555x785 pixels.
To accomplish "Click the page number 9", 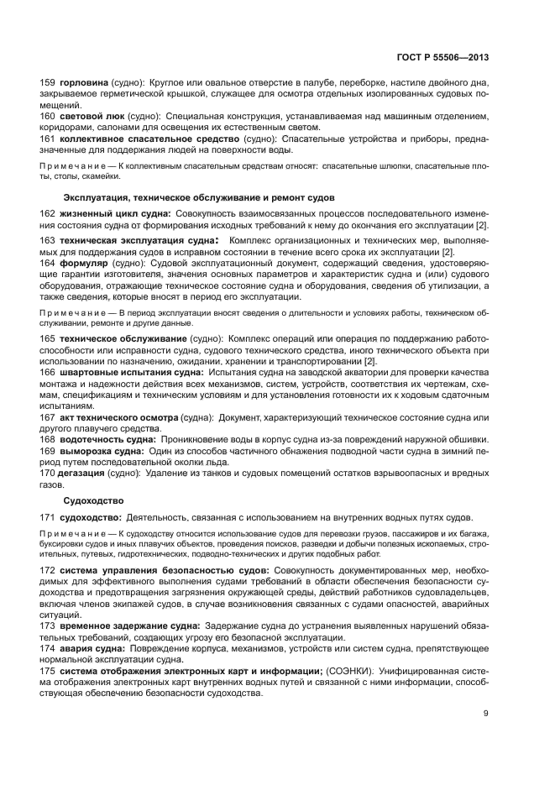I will tap(486, 714).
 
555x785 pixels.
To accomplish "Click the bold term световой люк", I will tap(90, 117).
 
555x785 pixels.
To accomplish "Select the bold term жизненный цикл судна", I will tap(115, 215).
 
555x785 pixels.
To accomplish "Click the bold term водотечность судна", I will tap(107, 439).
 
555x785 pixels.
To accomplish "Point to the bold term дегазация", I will tap(81, 473).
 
